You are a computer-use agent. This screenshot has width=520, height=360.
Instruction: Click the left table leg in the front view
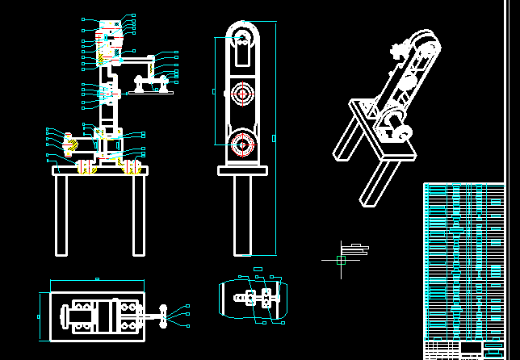(61, 215)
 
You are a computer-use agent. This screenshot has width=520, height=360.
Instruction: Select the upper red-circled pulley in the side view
(241, 94)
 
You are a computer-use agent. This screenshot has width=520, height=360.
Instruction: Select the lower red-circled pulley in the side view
(241, 144)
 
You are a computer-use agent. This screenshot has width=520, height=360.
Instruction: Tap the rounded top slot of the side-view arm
(241, 48)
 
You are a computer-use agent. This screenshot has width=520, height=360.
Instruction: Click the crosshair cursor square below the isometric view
(341, 260)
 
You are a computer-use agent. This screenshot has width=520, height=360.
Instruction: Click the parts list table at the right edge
(463, 266)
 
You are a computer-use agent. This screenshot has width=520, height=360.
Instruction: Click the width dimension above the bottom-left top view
(97, 281)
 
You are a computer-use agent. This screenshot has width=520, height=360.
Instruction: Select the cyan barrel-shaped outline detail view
(250, 299)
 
